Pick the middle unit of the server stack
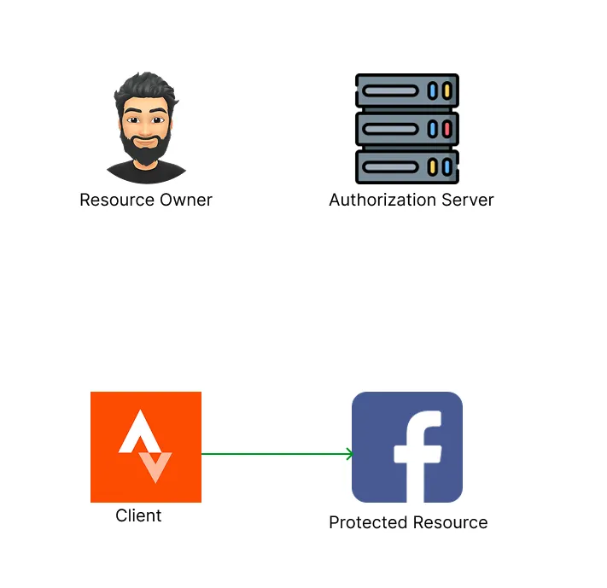(406, 129)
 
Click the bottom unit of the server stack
(406, 166)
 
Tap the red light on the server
(446, 129)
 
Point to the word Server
(466, 201)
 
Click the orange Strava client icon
(146, 446)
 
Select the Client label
(138, 515)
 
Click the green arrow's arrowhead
(349, 454)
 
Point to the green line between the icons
(273, 454)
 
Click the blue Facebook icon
(407, 446)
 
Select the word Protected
(365, 523)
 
